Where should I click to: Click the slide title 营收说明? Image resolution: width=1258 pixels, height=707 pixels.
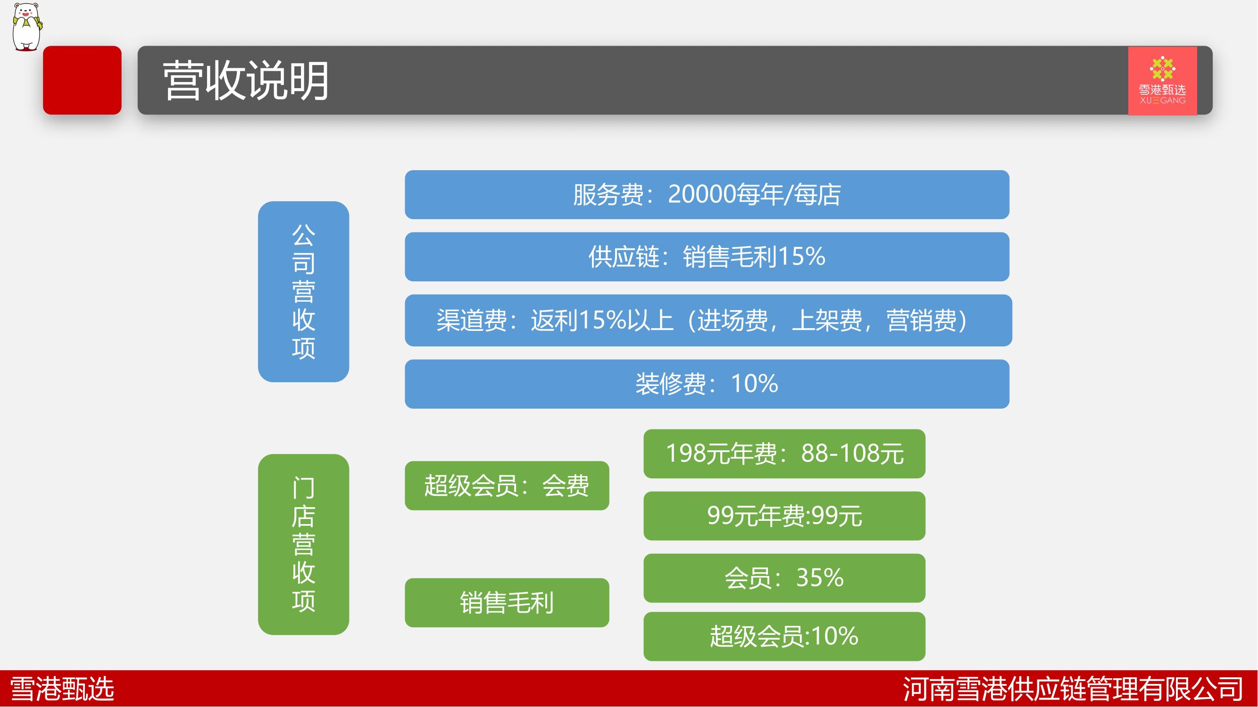[246, 81]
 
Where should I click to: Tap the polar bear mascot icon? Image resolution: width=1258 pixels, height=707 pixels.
[27, 26]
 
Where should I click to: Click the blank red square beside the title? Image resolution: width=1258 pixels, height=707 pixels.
[82, 80]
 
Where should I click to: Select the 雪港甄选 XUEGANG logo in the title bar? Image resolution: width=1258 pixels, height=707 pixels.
[1162, 81]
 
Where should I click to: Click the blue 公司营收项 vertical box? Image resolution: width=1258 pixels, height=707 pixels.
[303, 291]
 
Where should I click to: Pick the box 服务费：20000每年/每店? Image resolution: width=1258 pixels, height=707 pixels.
[707, 195]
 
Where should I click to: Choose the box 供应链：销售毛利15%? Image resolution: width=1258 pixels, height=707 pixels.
[707, 257]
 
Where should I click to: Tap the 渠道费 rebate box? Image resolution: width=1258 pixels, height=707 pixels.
[708, 320]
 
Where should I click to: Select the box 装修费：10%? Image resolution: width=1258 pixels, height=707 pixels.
[707, 384]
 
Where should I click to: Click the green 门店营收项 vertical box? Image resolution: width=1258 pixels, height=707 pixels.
[303, 544]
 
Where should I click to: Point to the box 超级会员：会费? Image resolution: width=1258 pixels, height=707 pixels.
[507, 485]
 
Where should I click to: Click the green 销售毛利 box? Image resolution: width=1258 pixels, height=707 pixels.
[507, 602]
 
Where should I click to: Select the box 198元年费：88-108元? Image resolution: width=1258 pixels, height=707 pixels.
[784, 454]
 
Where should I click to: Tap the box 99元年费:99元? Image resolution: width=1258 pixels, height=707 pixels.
[784, 516]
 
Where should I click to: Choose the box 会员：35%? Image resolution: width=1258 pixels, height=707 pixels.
[784, 578]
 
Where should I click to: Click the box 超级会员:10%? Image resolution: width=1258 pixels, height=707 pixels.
[784, 636]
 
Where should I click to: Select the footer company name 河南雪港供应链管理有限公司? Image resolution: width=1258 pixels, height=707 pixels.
[1073, 689]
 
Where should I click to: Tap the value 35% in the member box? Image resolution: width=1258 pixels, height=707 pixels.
[820, 578]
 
